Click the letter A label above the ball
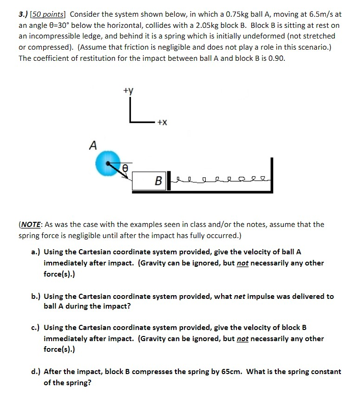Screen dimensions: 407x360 [x=93, y=145]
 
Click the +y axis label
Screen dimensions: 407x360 [x=129, y=91]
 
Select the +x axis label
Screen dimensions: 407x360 [x=162, y=123]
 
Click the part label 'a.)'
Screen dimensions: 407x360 [x=35, y=252]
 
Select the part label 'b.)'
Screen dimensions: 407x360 [x=35, y=296]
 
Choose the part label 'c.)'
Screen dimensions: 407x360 [x=35, y=328]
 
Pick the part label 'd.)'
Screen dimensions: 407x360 [x=35, y=372]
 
